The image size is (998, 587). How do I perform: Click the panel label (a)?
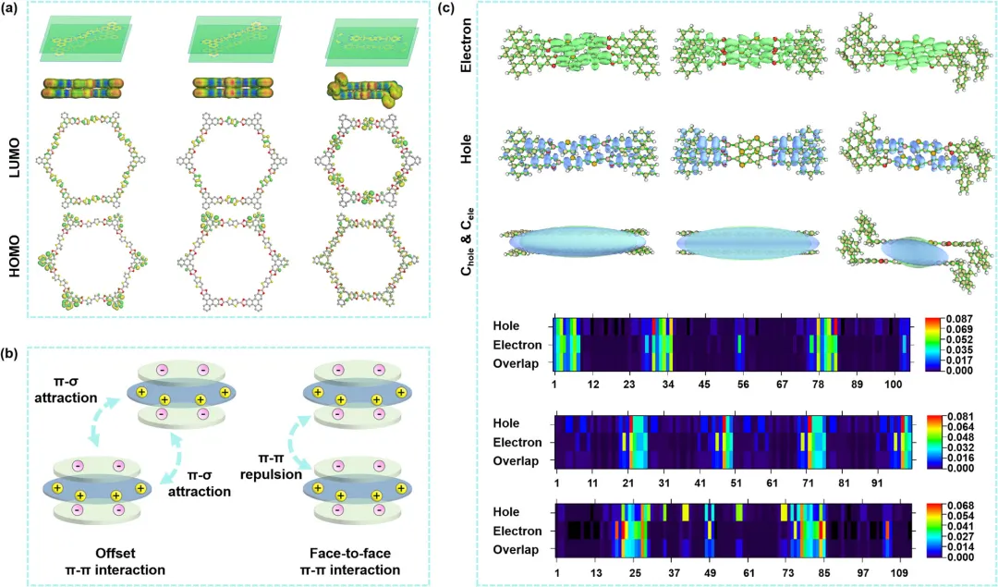point(14,11)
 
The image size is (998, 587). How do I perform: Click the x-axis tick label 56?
point(741,384)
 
